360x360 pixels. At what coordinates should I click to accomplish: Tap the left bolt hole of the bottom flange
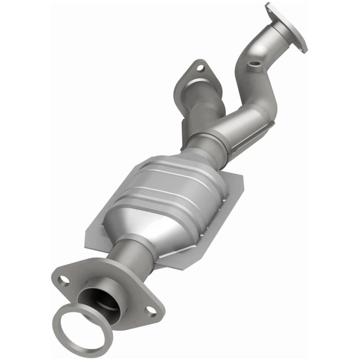[x=64, y=280]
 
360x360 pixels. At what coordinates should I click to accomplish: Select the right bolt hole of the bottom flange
[x=150, y=310]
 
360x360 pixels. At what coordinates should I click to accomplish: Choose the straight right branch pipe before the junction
[x=245, y=120]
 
